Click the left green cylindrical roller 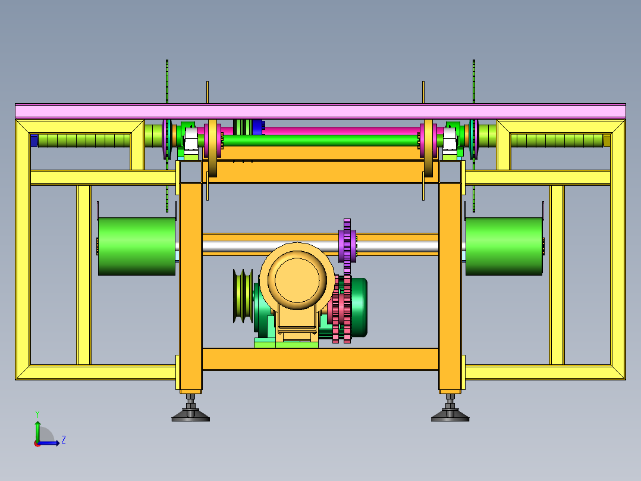(x=137, y=246)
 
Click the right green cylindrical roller (x=504, y=246)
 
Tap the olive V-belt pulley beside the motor (x=243, y=296)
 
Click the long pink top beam (x=320, y=111)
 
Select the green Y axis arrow (x=37, y=430)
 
